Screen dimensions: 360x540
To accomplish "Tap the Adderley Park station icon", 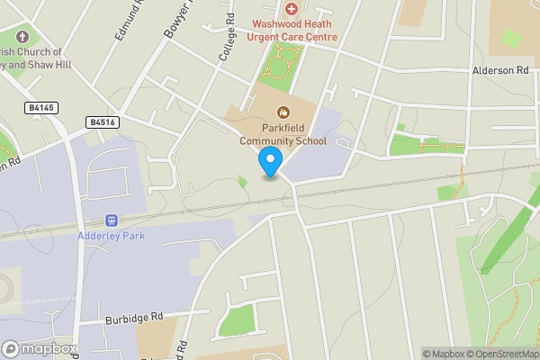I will (112, 220).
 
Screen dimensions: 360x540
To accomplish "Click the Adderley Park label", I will (112, 236).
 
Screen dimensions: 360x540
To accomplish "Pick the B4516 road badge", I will (103, 121).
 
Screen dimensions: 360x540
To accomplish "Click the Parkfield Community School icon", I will (283, 112).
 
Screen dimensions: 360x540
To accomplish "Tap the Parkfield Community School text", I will (283, 134).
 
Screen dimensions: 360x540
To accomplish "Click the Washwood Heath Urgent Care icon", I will (291, 8).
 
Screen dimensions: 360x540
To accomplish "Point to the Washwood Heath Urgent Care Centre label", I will (282, 31).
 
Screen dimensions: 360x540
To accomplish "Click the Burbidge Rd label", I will (133, 317).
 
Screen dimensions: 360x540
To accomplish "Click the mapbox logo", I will (40, 348).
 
